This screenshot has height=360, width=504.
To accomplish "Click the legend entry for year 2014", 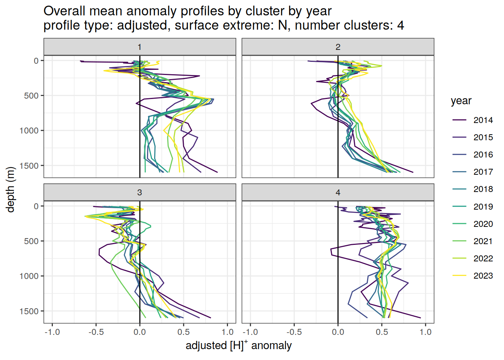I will coord(483,120).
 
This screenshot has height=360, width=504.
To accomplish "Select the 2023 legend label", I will coord(483,276).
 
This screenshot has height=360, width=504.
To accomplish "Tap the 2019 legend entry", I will coord(483,207).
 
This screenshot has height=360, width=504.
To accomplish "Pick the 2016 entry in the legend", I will coord(483,154).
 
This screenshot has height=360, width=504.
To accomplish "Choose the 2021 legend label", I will coord(483,241).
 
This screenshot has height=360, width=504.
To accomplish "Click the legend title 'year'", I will coord(461,101).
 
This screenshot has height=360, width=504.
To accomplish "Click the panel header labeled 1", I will coord(139,47).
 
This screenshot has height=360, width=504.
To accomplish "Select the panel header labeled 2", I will coord(338,47).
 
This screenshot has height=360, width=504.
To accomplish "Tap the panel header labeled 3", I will coord(139,192).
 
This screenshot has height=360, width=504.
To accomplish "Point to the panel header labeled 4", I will coord(338,192).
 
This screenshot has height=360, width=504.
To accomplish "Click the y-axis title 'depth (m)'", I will coord(10,189).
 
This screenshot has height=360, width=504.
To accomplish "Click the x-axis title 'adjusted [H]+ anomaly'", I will coord(238,345).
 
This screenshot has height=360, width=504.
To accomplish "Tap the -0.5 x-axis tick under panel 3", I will coord(96,332).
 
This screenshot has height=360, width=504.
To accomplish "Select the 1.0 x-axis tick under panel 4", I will coord(426,332).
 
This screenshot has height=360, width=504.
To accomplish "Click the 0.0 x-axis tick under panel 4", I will coord(338,332).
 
